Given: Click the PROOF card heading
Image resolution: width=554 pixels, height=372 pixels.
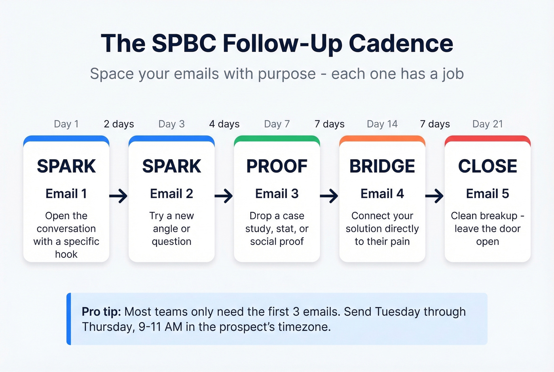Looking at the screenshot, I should coord(277,166).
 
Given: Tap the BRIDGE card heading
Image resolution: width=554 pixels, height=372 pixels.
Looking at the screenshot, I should coord(382,166).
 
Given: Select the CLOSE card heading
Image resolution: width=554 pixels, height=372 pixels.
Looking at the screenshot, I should coord(488,166).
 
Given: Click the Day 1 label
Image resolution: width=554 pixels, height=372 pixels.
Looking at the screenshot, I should coord(66,124).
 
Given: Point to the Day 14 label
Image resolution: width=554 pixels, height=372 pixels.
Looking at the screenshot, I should coord(382,124).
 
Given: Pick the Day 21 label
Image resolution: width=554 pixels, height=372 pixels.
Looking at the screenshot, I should coord(488,124).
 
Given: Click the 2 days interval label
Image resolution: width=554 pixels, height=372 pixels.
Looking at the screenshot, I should coord(119,124).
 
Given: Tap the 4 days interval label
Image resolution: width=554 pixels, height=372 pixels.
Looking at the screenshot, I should coord(224,124).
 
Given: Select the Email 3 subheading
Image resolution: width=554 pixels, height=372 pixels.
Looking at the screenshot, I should coord(277,194).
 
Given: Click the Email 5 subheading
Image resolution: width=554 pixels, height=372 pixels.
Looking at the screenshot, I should coord(488,194).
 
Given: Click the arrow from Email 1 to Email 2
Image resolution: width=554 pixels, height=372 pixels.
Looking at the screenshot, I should coord(118,196).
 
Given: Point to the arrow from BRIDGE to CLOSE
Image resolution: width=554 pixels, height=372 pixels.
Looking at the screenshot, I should coord(434,196).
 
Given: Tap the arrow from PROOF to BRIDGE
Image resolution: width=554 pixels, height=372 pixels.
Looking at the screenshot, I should coord(329,196).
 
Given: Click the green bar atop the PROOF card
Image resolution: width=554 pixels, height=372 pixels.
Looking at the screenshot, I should coord(277,139).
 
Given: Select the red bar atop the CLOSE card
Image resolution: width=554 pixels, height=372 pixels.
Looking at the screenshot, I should coord(488,139).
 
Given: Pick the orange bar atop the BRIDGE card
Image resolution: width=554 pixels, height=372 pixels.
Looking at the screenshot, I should coord(382,139).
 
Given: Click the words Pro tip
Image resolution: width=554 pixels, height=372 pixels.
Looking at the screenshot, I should coord(101,312).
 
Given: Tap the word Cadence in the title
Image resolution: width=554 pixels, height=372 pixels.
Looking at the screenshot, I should coord(401,43).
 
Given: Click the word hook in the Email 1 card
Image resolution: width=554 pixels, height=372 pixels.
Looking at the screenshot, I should coord(66,254).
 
